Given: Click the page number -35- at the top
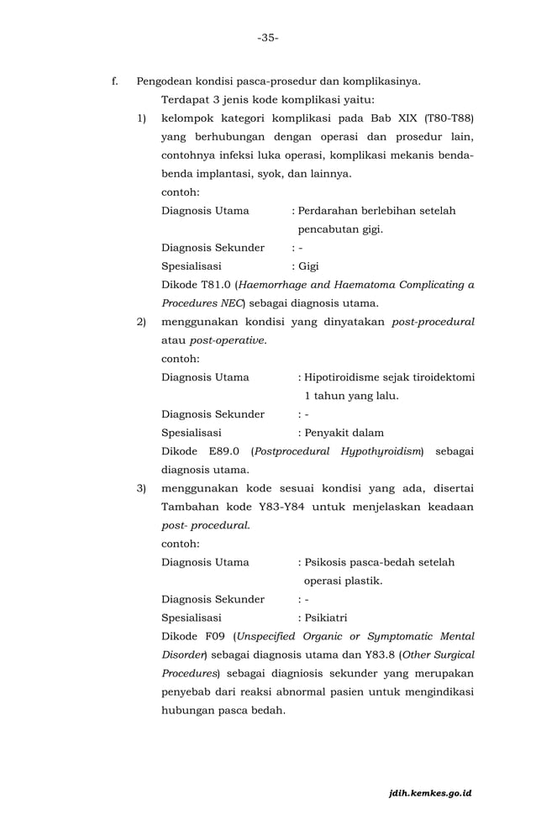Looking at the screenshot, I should (x=268, y=38).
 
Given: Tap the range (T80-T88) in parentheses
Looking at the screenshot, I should (x=449, y=118).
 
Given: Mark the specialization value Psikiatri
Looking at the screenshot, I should (x=325, y=618).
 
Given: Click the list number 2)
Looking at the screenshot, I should (x=142, y=322).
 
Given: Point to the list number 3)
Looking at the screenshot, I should (x=142, y=489).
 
